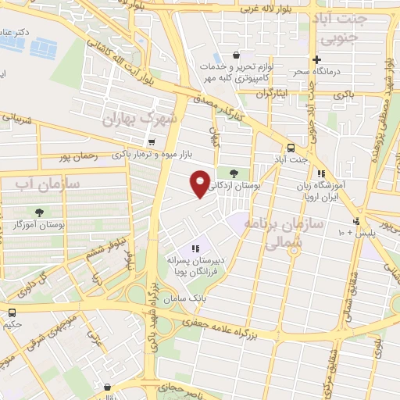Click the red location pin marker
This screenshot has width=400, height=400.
coord(201,184)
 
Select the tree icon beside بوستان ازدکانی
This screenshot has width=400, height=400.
coord(234,173)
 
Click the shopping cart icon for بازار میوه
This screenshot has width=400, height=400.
coord(151,143)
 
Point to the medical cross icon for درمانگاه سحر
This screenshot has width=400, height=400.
coord(316,60)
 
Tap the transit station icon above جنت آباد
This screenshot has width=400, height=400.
coord(291,147)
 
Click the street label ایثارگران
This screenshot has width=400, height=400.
coord(278,92)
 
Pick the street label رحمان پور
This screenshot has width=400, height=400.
coord(76,156)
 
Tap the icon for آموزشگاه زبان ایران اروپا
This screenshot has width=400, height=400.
coord(320,174)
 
